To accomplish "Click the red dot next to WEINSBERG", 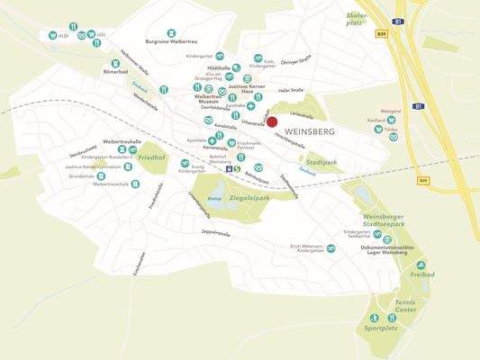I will (272, 122).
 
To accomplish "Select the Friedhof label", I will (153, 157).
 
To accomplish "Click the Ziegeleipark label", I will (249, 196).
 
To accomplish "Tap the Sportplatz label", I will (382, 329).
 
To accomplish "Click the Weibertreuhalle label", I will (123, 141).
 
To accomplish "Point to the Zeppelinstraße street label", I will (215, 233).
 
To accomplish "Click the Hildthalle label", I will (219, 67).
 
